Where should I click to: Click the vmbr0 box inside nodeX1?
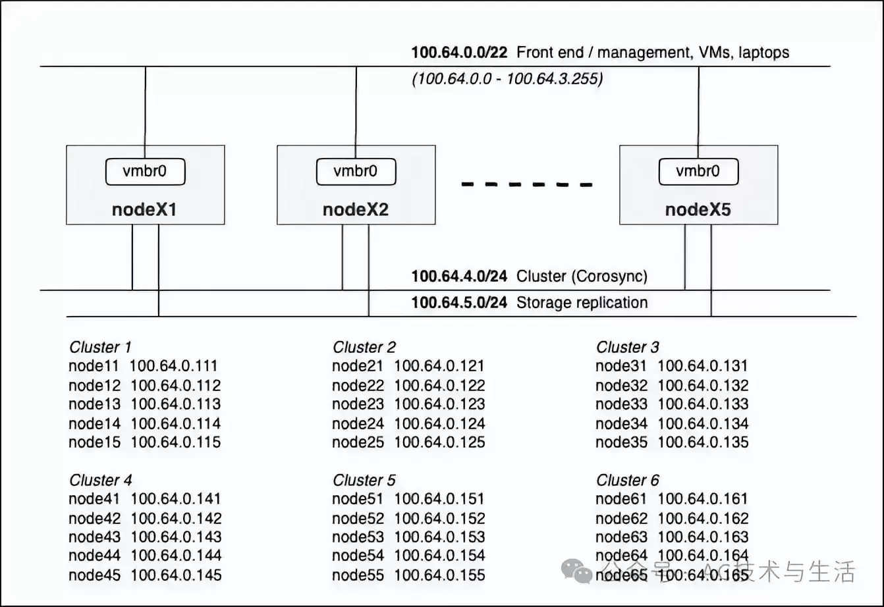pyautogui.click(x=145, y=172)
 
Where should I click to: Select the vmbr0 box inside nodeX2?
pyautogui.click(x=356, y=172)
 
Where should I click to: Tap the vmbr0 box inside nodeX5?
pyautogui.click(x=698, y=172)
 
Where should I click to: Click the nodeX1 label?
pyautogui.click(x=144, y=209)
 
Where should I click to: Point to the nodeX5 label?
pyautogui.click(x=698, y=209)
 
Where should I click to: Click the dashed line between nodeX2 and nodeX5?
pyautogui.click(x=527, y=184)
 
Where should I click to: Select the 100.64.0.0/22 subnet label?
pyautogui.click(x=459, y=53)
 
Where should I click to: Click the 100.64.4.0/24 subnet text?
pyautogui.click(x=459, y=276)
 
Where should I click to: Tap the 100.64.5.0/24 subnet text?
pyautogui.click(x=459, y=303)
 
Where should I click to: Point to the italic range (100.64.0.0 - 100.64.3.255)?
pyautogui.click(x=507, y=79)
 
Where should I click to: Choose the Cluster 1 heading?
pyautogui.click(x=100, y=347)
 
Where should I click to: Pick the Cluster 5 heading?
pyautogui.click(x=364, y=480)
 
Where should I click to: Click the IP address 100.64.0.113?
pyautogui.click(x=176, y=404)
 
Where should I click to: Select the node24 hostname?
pyautogui.click(x=358, y=423)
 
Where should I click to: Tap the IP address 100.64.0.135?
pyautogui.click(x=703, y=442)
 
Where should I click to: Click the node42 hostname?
pyautogui.click(x=95, y=518)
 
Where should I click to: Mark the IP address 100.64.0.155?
pyautogui.click(x=439, y=575)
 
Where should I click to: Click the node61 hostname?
pyautogui.click(x=621, y=499)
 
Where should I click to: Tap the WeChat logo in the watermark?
pyautogui.click(x=576, y=571)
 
